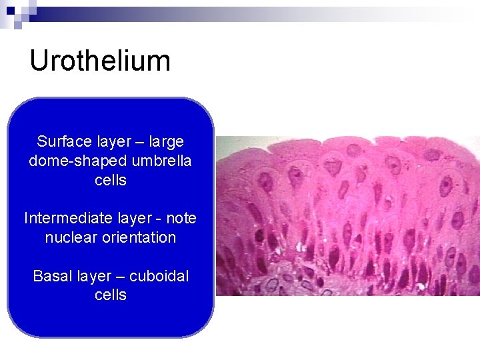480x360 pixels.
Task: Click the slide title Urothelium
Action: click(x=100, y=61)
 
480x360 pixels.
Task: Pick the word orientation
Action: click(x=140, y=237)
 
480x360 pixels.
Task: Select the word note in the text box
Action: click(x=181, y=218)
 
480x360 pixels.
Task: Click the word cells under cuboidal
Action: click(x=111, y=295)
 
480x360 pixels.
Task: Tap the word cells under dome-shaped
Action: click(x=111, y=180)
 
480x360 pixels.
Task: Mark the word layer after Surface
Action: click(x=114, y=141)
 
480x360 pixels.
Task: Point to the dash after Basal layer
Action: click(x=120, y=275)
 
